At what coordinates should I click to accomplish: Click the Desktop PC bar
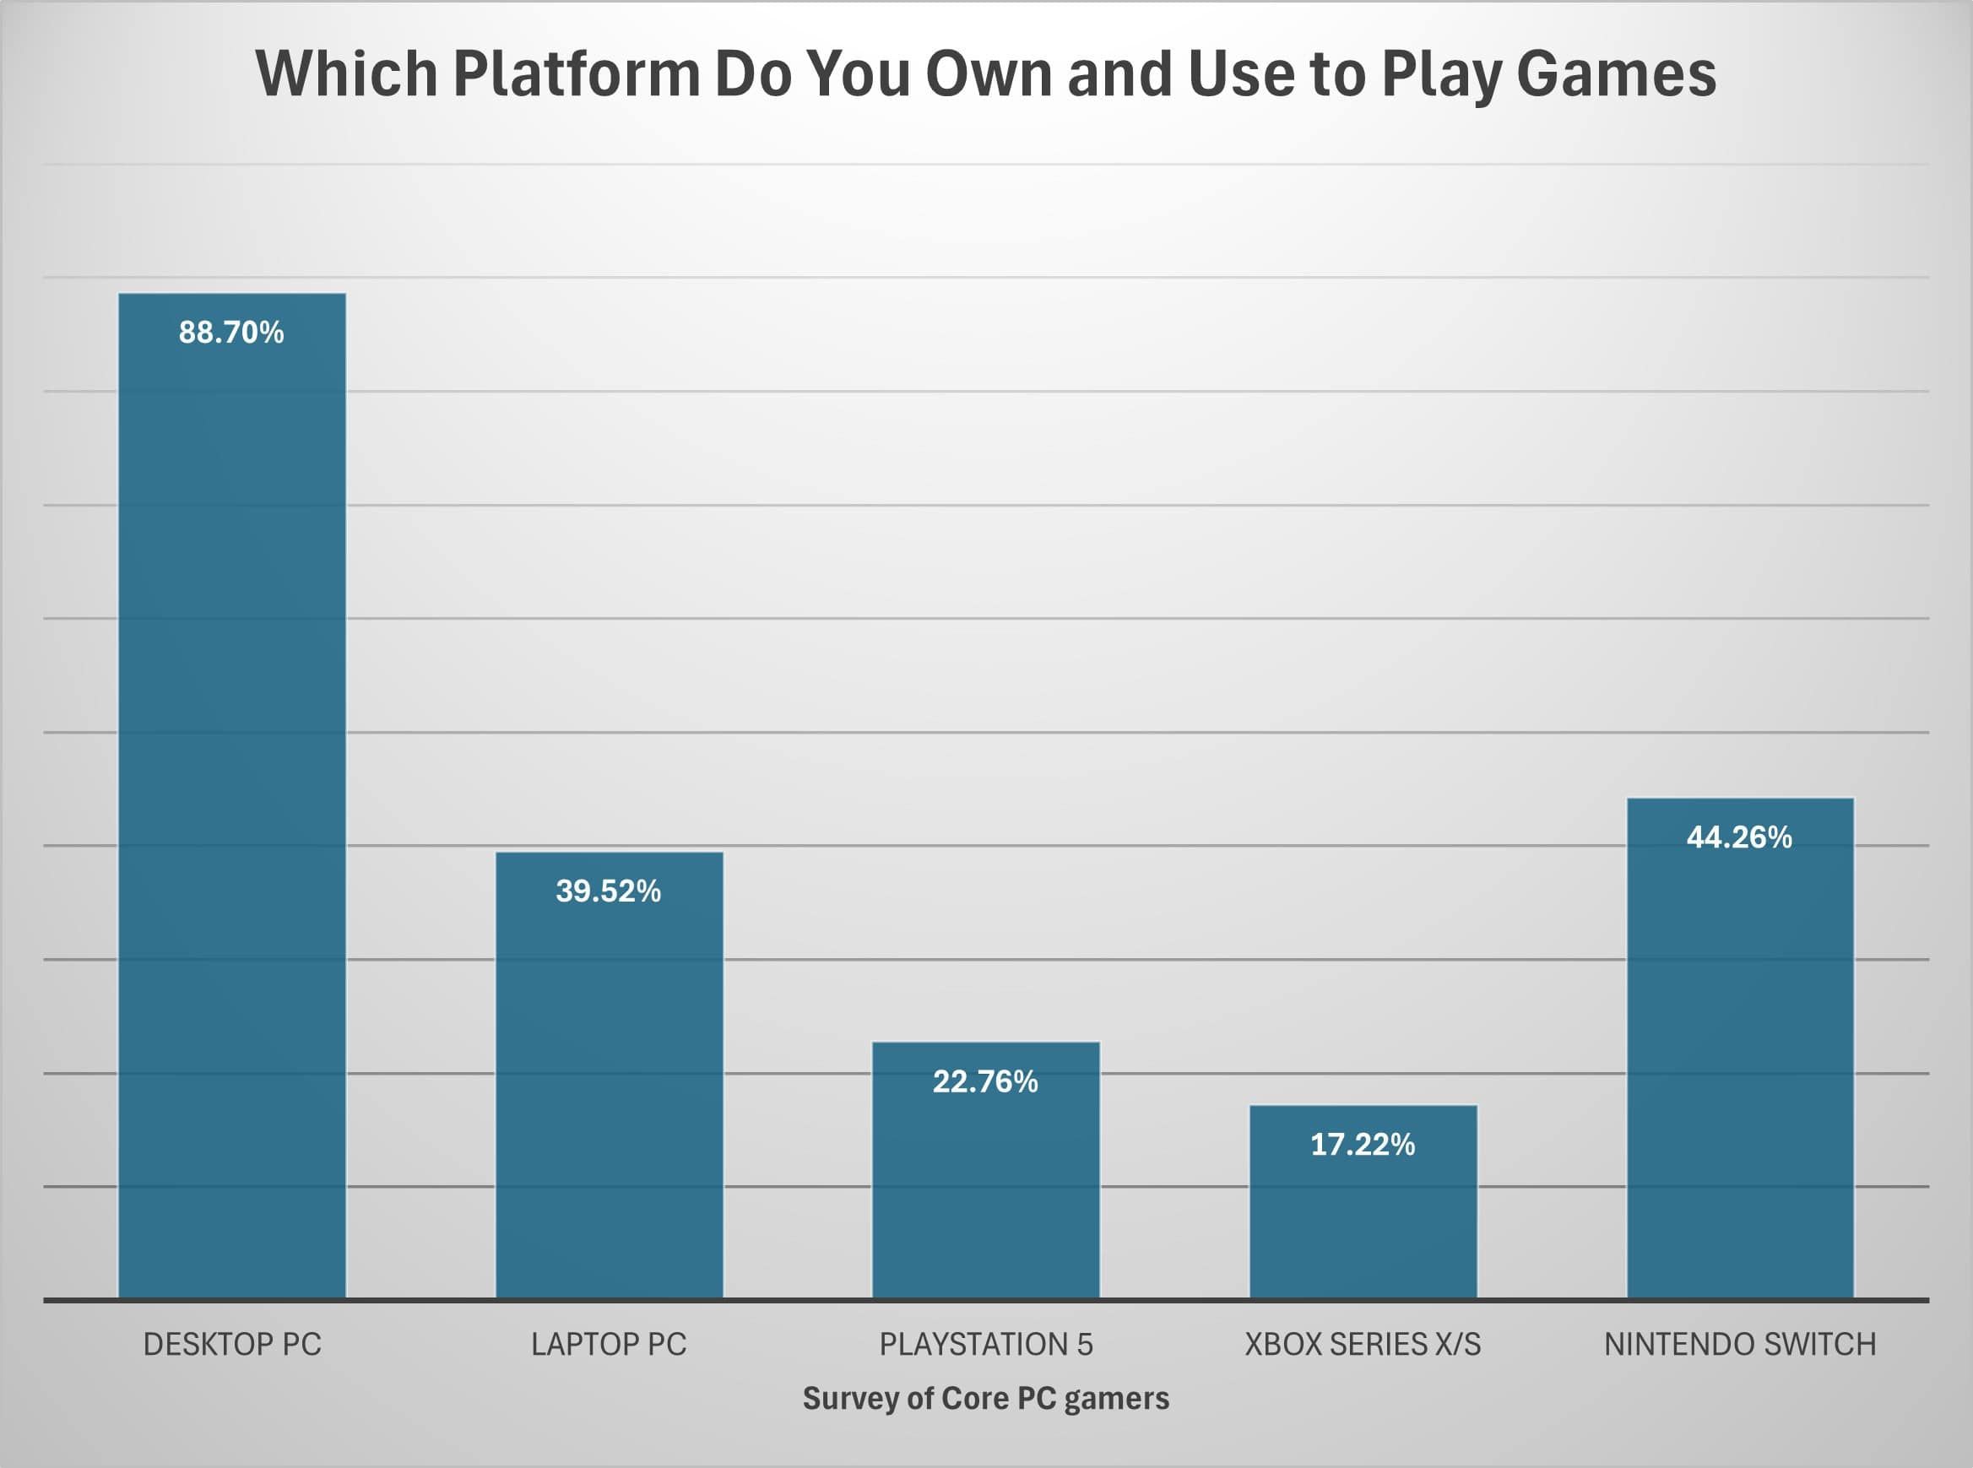(x=232, y=799)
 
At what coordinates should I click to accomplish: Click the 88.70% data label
(x=231, y=333)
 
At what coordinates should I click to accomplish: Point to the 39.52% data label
(x=609, y=891)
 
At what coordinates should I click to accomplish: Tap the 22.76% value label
(x=985, y=1081)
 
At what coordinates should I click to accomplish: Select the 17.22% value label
(x=1363, y=1145)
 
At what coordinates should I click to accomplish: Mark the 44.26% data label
(x=1739, y=837)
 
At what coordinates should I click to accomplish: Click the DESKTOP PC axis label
(x=232, y=1345)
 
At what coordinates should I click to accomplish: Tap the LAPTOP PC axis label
(x=609, y=1345)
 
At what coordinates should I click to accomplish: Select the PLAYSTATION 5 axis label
(x=985, y=1345)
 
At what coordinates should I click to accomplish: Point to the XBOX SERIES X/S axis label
(x=1363, y=1345)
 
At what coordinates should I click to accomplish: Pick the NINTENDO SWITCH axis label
(x=1739, y=1345)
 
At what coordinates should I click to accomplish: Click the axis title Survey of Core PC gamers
(x=985, y=1399)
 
